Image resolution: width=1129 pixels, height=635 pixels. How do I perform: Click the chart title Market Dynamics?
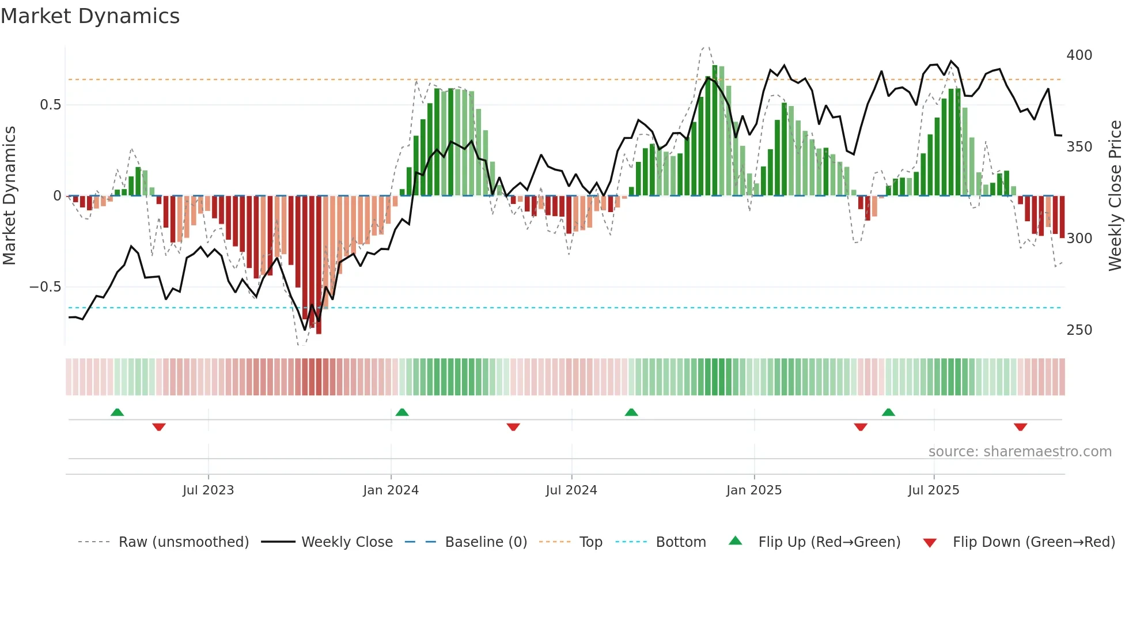(x=90, y=16)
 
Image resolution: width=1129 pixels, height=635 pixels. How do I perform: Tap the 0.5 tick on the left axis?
(x=50, y=105)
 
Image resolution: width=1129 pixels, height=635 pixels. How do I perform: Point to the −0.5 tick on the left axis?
(x=46, y=287)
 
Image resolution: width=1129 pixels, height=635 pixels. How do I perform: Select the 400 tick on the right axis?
(x=1079, y=55)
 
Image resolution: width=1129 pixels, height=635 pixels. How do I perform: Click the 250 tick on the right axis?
(x=1079, y=330)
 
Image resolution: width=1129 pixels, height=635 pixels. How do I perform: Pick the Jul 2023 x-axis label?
(x=208, y=490)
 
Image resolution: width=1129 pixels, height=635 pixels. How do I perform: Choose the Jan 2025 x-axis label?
(x=753, y=490)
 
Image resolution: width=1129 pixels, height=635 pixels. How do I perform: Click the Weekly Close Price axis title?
(x=1115, y=196)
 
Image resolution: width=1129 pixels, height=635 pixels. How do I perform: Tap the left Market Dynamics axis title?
(x=9, y=196)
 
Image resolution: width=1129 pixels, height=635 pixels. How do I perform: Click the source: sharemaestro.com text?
(x=1020, y=452)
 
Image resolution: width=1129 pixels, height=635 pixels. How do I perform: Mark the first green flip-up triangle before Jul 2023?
(x=117, y=413)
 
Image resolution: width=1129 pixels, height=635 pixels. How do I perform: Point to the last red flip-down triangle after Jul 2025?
(x=1020, y=427)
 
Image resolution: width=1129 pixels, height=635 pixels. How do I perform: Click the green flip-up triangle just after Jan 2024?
(x=402, y=413)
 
